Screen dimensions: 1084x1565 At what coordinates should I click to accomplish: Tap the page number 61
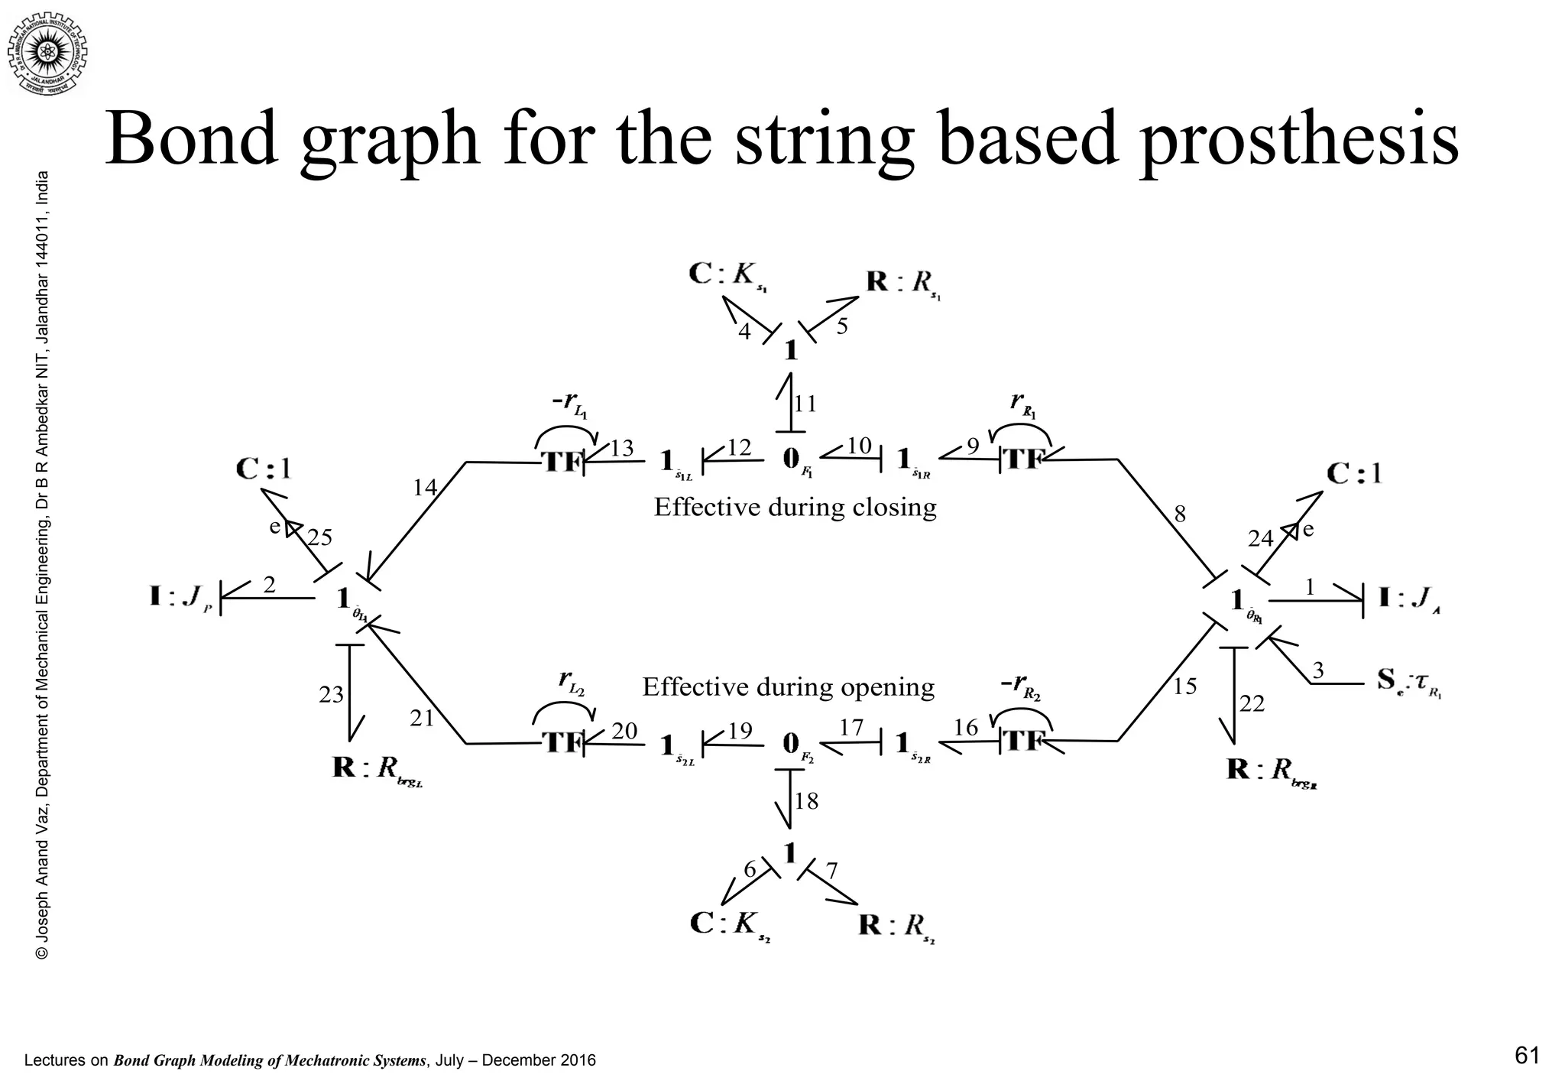[x=1527, y=1056]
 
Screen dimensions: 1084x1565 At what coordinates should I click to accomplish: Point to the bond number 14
[x=425, y=487]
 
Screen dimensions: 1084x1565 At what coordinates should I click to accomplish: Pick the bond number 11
[x=805, y=404]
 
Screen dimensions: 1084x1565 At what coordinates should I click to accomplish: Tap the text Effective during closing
[x=795, y=507]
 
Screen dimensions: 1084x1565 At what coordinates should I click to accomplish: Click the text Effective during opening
[x=788, y=687]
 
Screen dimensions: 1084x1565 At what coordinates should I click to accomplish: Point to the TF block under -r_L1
[x=562, y=462]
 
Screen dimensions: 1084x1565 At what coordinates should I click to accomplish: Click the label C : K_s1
[x=727, y=276]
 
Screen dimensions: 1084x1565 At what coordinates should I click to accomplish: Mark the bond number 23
[x=332, y=695]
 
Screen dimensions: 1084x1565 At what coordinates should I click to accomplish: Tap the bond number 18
[x=807, y=801]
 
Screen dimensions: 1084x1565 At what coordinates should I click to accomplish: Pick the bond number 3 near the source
[x=1318, y=670]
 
